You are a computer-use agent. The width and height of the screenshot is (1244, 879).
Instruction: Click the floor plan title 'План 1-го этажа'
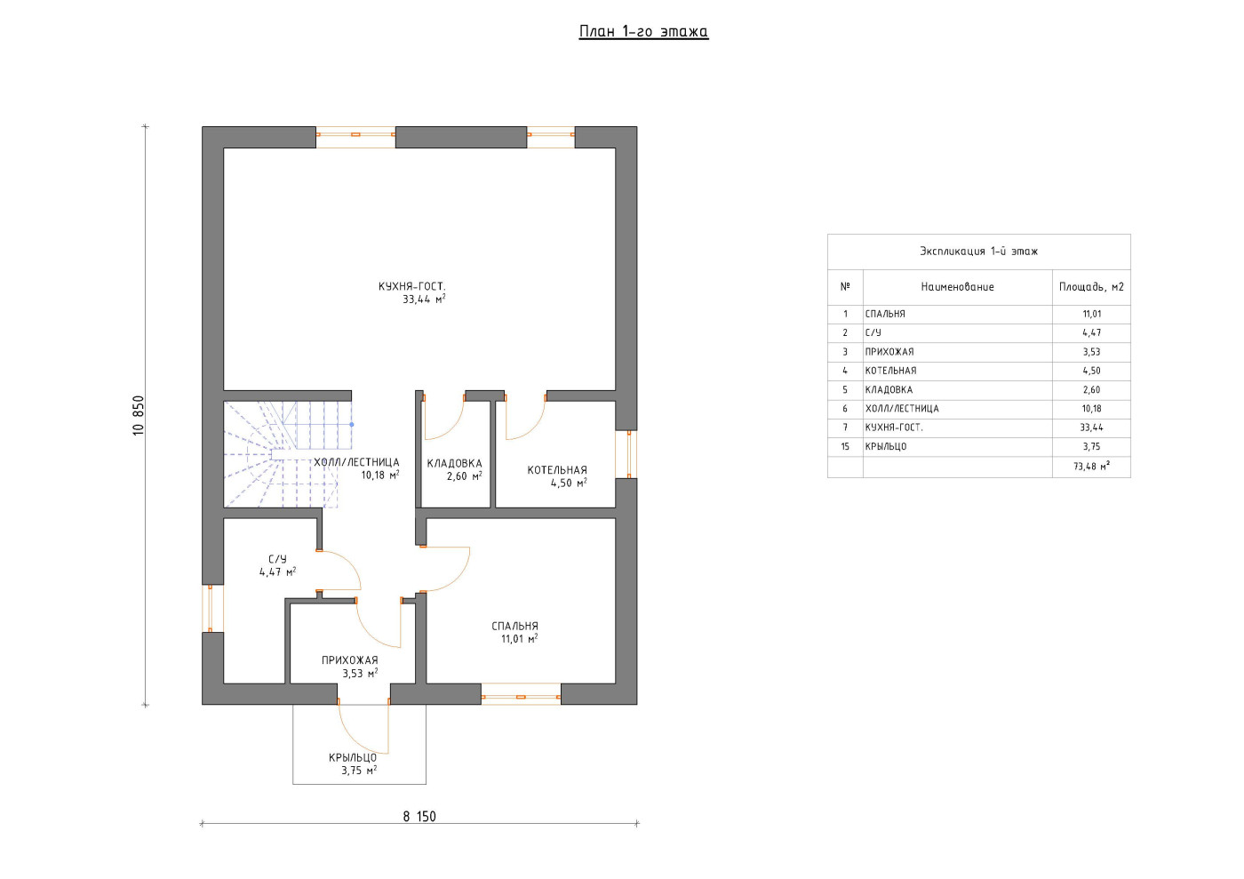coord(643,31)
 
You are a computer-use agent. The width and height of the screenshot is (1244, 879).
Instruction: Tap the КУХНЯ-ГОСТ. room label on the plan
coord(411,286)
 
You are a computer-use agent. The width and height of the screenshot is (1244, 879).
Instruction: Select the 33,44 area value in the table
coord(1091,428)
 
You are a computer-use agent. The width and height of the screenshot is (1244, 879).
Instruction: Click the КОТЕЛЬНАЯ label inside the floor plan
coord(557,470)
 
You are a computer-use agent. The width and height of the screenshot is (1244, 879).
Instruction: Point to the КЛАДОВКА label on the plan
coord(454,463)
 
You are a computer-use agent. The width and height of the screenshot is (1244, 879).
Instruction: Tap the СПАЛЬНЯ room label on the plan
coord(514,627)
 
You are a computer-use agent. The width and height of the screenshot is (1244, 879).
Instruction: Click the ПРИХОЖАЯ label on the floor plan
coord(350,660)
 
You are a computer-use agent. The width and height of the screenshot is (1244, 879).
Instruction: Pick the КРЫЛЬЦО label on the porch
coord(353,757)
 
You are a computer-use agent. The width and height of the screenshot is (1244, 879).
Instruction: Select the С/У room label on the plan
coord(277,559)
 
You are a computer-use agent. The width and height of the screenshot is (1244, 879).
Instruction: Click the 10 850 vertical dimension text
coord(139,416)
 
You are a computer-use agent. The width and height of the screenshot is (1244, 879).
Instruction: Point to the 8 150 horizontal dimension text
coord(419,816)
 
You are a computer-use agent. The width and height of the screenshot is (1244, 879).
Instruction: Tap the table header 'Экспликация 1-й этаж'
coord(978,252)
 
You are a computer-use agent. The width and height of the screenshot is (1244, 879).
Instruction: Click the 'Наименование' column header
coord(958,287)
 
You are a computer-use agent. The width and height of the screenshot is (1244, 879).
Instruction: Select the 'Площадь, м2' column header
coord(1091,287)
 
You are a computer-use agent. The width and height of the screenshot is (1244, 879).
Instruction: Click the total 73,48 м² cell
coord(1091,467)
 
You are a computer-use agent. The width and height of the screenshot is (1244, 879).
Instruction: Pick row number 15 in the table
coord(845,446)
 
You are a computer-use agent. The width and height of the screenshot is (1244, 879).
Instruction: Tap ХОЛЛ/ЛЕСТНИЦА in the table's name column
coord(902,408)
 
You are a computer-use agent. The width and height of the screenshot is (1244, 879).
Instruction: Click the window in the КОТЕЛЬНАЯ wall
coord(626,454)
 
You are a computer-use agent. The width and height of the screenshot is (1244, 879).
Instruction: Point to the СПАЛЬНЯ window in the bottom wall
coord(521,694)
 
